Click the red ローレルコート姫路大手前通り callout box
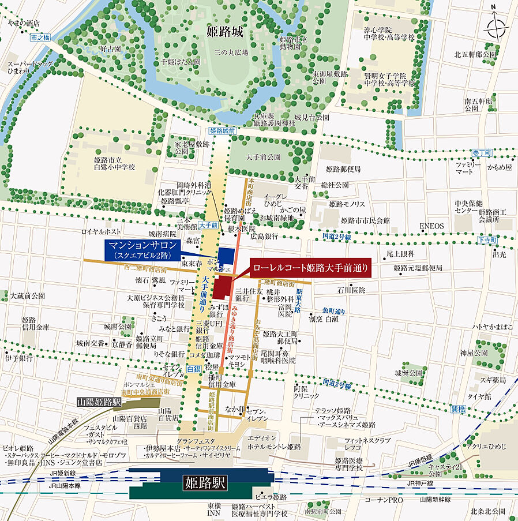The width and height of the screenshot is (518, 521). (309, 268)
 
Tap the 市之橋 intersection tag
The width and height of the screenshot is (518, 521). (39, 37)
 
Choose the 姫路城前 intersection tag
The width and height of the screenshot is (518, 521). (223, 132)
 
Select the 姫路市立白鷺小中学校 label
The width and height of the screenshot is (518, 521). (114, 163)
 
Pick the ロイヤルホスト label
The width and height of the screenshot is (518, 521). (100, 231)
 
